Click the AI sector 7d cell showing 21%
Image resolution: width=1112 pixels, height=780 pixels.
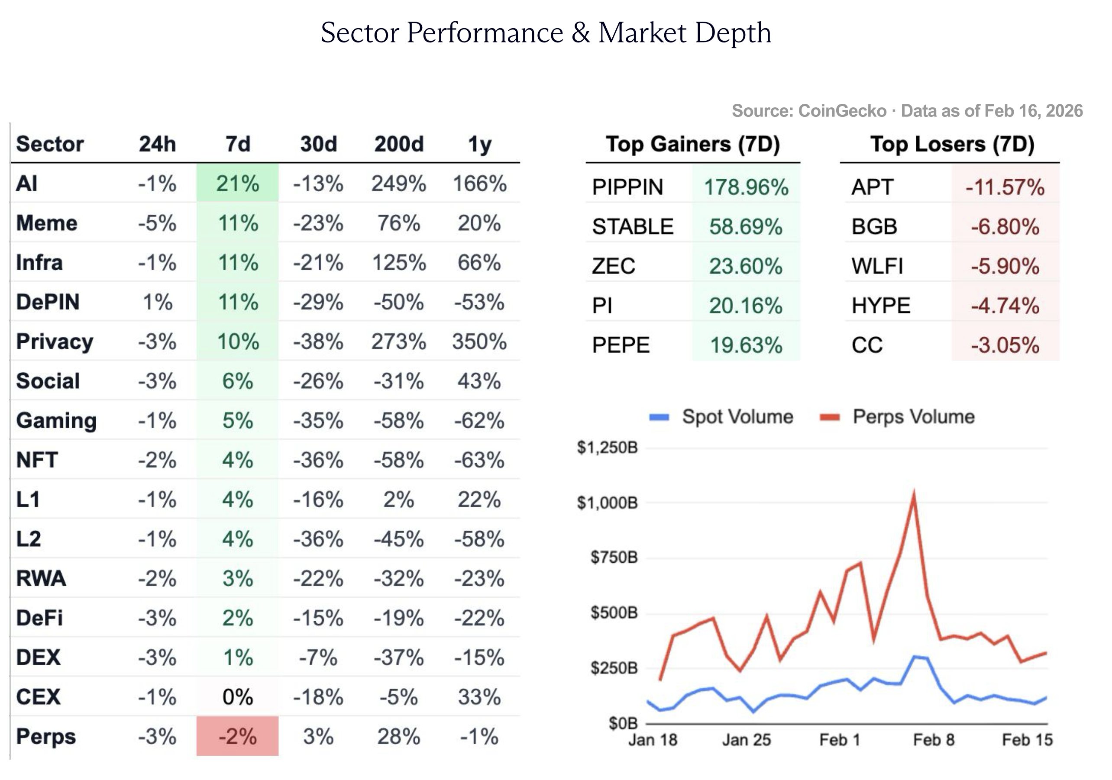[x=237, y=184]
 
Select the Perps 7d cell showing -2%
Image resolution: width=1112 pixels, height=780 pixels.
[x=237, y=736]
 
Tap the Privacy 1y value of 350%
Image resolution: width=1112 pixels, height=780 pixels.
[x=479, y=342]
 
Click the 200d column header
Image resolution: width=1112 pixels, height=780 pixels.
[x=398, y=144]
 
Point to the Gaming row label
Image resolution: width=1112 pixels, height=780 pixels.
[x=56, y=420]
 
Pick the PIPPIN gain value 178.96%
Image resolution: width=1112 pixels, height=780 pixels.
[x=746, y=187]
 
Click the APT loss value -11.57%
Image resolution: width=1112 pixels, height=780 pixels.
[x=1005, y=187]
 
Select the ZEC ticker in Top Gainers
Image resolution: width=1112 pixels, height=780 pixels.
[x=613, y=266]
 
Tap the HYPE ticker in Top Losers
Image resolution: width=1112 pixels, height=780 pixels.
[x=880, y=306]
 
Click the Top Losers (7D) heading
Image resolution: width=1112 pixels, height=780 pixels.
[x=952, y=144]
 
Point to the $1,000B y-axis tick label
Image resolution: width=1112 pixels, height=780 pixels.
[x=607, y=503]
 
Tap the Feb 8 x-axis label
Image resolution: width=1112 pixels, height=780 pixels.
[x=933, y=740]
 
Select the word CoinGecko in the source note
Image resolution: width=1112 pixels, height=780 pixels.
[x=842, y=111]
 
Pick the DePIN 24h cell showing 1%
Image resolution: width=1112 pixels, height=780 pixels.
[x=158, y=302]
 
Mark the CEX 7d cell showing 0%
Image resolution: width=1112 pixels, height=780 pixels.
[x=237, y=697]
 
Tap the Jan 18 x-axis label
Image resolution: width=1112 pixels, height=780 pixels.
[x=653, y=740]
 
